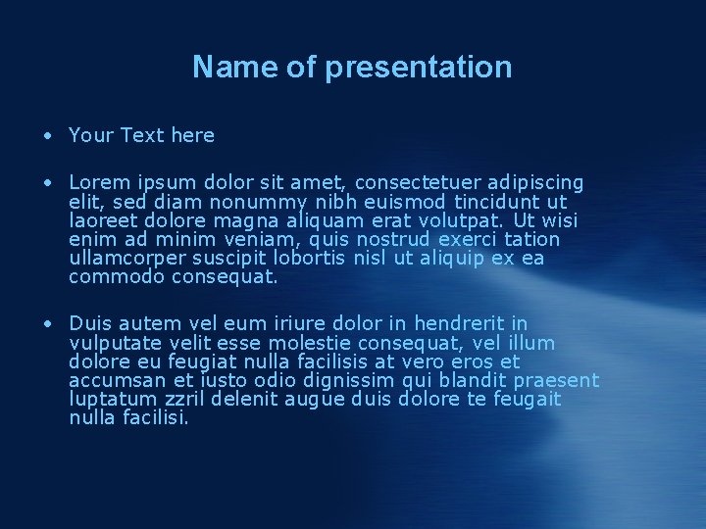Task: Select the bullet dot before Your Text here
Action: pos(46,135)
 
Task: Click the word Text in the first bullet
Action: pos(142,135)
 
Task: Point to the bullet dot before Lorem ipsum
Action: pos(46,182)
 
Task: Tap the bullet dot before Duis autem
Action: pos(46,323)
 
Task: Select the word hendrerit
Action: pos(460,323)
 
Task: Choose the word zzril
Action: pos(190,400)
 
